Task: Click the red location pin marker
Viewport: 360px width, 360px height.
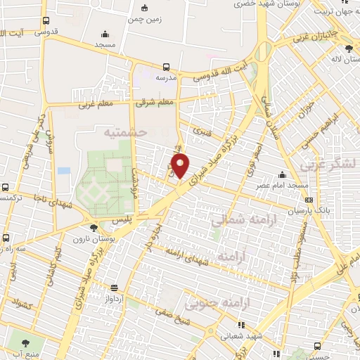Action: pyautogui.click(x=181, y=165)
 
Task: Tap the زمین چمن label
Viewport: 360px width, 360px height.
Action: pyautogui.click(x=145, y=20)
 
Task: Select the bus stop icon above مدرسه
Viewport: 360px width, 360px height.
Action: pyautogui.click(x=166, y=65)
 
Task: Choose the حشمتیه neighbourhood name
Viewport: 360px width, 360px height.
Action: pyautogui.click(x=124, y=131)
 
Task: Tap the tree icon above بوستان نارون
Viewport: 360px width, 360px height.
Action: pyautogui.click(x=94, y=226)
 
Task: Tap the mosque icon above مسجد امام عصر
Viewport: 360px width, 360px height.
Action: pyautogui.click(x=282, y=174)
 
